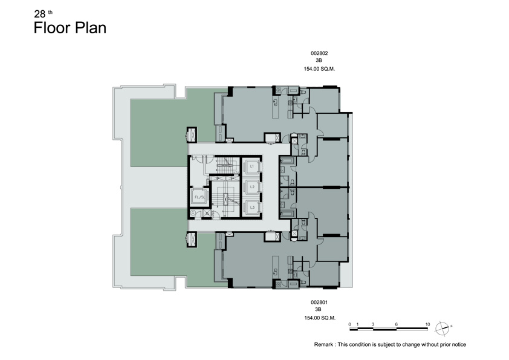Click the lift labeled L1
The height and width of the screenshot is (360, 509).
(x=251, y=166)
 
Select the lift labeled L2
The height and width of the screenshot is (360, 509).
(x=251, y=187)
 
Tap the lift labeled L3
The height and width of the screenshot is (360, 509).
(x=251, y=208)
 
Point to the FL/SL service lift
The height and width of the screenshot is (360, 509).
(x=199, y=197)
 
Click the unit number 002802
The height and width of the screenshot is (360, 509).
(x=319, y=53)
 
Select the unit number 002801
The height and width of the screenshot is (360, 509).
(x=319, y=302)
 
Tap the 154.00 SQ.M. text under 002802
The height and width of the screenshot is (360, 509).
(x=319, y=69)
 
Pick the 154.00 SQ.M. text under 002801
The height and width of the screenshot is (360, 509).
(x=319, y=318)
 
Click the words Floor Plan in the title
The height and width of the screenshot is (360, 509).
(x=70, y=28)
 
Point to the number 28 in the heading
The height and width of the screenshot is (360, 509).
(x=40, y=14)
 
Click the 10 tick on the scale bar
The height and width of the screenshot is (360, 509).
(x=427, y=324)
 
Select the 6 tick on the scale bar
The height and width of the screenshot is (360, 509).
(x=397, y=324)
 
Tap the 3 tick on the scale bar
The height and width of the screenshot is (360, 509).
(x=373, y=324)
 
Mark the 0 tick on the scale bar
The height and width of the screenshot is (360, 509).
(x=349, y=324)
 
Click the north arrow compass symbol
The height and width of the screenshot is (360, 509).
(x=442, y=328)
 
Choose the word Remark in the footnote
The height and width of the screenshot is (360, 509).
(x=323, y=344)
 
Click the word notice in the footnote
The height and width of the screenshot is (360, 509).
(x=458, y=344)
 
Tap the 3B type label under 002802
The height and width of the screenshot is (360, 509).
(x=319, y=61)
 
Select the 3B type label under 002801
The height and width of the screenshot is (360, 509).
(x=318, y=309)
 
